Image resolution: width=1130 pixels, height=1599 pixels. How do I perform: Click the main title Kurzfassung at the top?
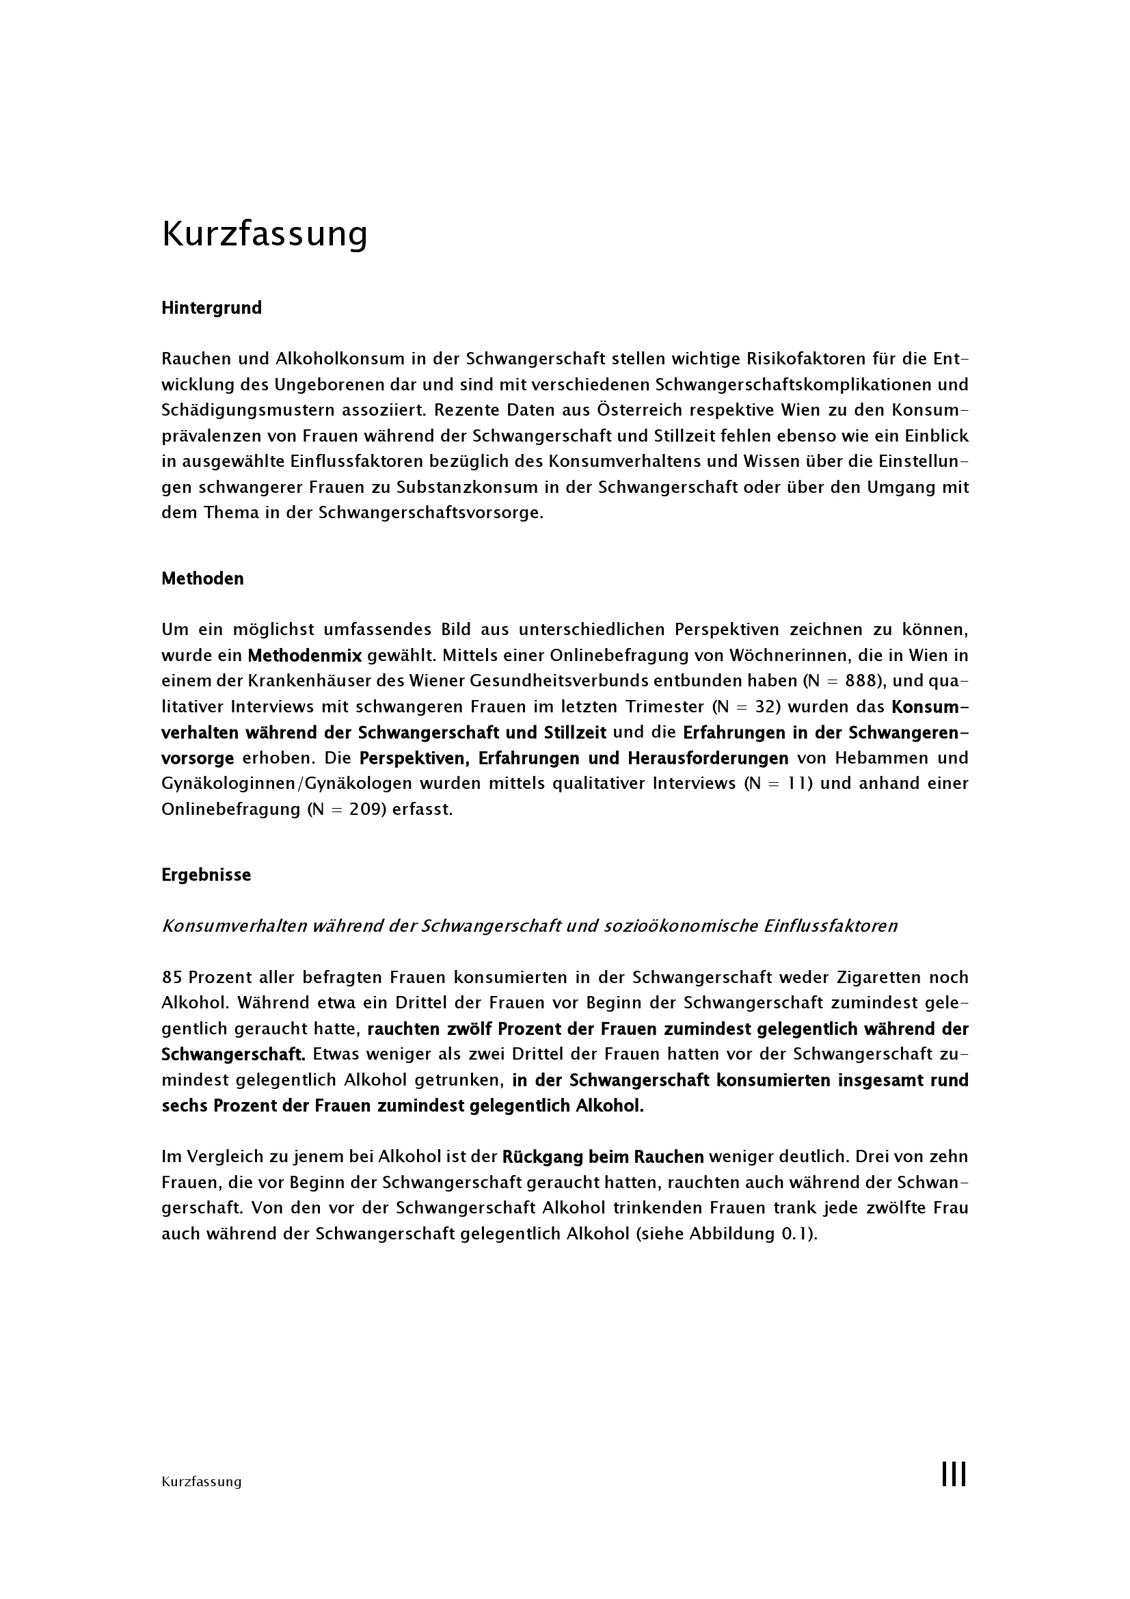(265, 234)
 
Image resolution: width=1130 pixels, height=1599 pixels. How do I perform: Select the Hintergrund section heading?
(212, 308)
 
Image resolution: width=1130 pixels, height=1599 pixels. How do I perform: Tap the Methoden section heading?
(202, 579)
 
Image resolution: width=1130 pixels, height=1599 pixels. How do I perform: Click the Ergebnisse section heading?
(206, 875)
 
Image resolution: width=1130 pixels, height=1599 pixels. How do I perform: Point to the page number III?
(954, 1475)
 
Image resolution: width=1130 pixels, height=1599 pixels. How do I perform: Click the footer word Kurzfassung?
(201, 1481)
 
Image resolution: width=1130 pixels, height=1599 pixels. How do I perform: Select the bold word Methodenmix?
(305, 656)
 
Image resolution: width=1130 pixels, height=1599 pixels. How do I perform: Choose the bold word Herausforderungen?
(708, 757)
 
